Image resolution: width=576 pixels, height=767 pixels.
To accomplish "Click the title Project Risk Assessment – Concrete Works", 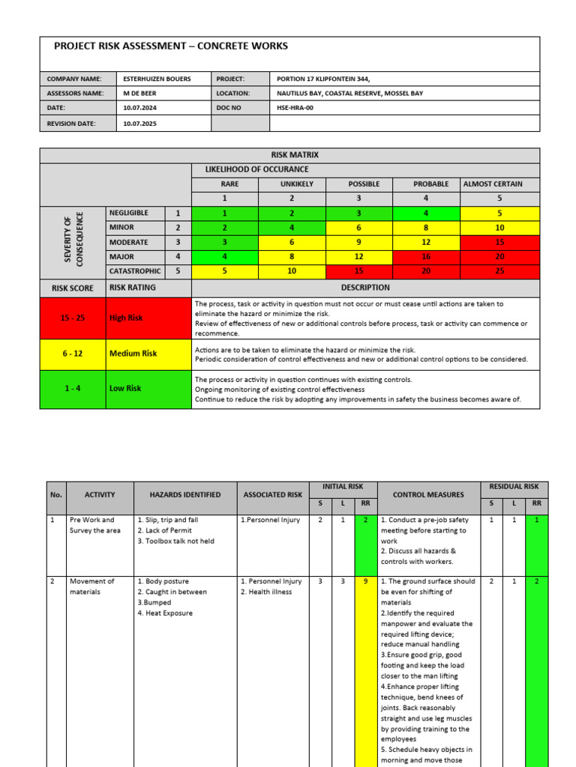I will (x=171, y=46).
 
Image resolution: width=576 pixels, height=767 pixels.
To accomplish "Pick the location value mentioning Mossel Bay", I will (x=350, y=94).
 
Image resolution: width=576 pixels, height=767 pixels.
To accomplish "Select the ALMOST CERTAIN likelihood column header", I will (x=493, y=184).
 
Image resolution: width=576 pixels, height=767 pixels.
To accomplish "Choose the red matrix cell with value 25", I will (x=499, y=271).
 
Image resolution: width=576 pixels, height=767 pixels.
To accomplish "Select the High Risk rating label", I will (x=126, y=318).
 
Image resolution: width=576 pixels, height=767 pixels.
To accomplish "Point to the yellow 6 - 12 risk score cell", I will (x=73, y=354).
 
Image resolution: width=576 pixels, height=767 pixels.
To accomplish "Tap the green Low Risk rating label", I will (x=125, y=388).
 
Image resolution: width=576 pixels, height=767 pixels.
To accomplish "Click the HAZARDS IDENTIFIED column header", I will (x=185, y=494).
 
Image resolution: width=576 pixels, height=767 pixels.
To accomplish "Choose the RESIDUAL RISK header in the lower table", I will (x=514, y=486).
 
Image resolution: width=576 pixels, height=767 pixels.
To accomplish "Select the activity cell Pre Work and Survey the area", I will (x=92, y=525).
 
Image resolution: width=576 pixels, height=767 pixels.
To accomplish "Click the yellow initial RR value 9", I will (x=365, y=581).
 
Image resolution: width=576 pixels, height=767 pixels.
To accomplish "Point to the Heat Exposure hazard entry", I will (x=165, y=613).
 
